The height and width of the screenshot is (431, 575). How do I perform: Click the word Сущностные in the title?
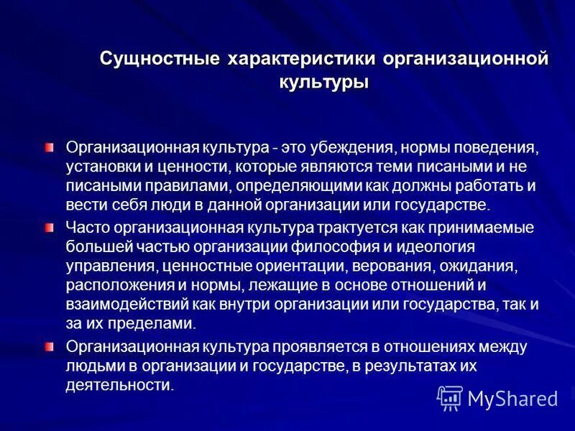160,58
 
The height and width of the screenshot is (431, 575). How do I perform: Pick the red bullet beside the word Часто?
50,228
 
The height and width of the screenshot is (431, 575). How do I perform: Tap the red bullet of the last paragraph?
50,346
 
